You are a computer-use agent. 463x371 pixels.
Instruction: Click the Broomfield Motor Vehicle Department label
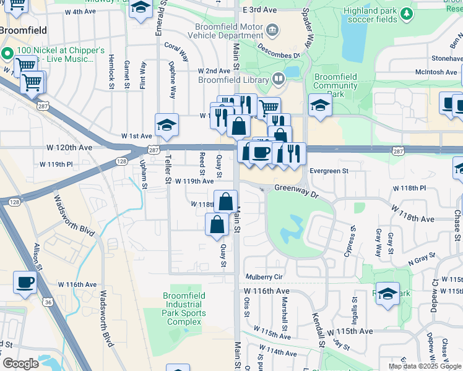click(229, 31)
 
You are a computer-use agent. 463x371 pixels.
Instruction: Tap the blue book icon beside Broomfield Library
click(279, 79)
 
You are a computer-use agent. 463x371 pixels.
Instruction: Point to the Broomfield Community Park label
click(335, 85)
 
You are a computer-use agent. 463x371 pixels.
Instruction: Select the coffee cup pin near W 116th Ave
click(25, 283)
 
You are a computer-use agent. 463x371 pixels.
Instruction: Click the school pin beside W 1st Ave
click(167, 126)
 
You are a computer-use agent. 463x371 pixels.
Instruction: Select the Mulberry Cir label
click(264, 277)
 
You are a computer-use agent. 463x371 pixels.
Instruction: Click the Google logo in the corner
click(20, 364)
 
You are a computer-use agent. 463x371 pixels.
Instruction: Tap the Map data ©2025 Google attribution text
click(424, 366)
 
